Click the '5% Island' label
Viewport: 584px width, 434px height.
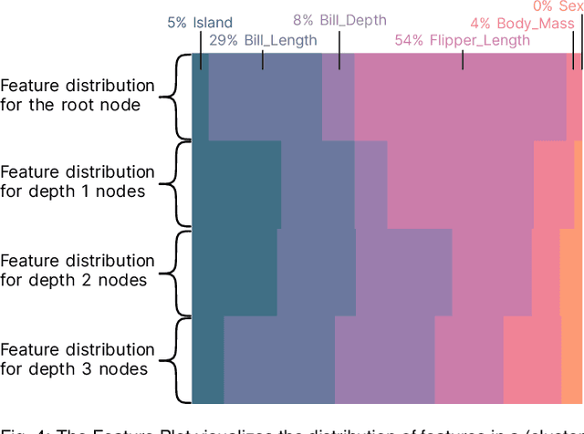click(x=200, y=23)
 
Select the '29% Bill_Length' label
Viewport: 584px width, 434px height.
click(x=263, y=40)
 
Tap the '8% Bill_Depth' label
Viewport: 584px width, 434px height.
click(x=339, y=19)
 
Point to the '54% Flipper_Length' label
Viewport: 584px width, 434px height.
click(x=462, y=40)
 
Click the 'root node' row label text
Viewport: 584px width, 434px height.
click(x=78, y=95)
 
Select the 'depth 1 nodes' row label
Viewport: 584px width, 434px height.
click(x=78, y=181)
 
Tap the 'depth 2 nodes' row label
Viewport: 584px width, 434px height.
click(x=78, y=271)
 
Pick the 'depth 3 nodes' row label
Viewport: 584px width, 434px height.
click(x=78, y=359)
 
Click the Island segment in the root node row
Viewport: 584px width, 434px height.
click(x=200, y=97)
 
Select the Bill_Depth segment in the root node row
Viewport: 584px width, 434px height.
click(x=338, y=97)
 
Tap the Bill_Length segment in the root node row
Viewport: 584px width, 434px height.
click(x=265, y=97)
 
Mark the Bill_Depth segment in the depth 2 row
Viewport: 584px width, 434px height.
click(x=402, y=273)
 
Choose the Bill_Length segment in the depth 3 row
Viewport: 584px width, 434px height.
click(x=278, y=360)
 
